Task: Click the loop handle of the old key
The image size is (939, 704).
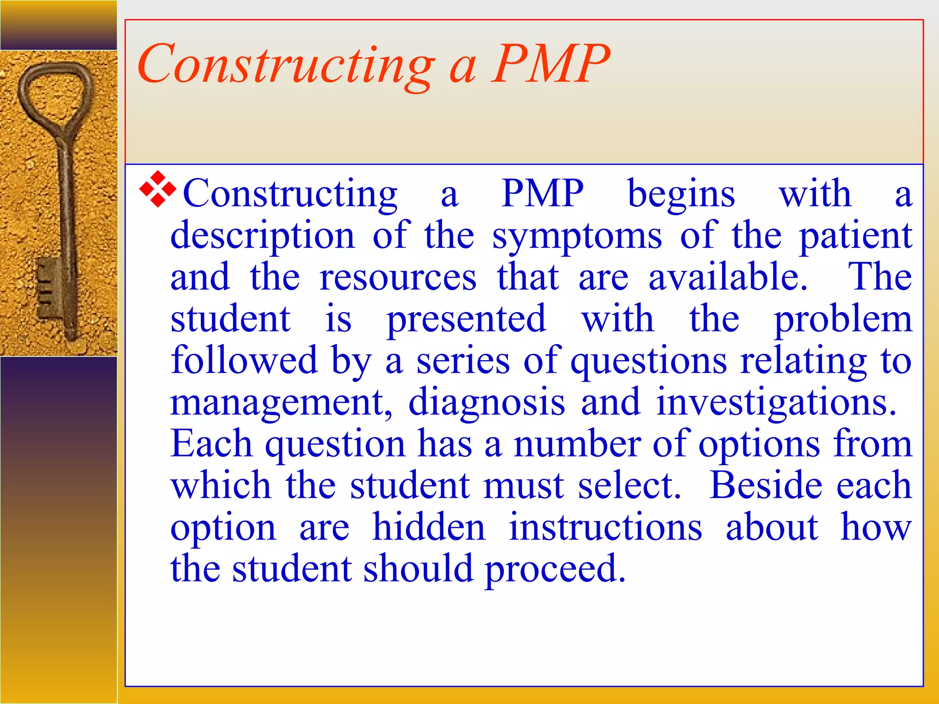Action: point(55,92)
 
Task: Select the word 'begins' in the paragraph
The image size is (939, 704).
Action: point(681,195)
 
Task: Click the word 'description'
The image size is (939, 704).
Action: point(262,236)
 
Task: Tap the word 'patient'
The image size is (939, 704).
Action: point(856,236)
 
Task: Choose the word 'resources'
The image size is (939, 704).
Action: point(398,278)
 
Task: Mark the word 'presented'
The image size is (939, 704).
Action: point(466,320)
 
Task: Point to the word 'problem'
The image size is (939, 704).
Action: point(843,320)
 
